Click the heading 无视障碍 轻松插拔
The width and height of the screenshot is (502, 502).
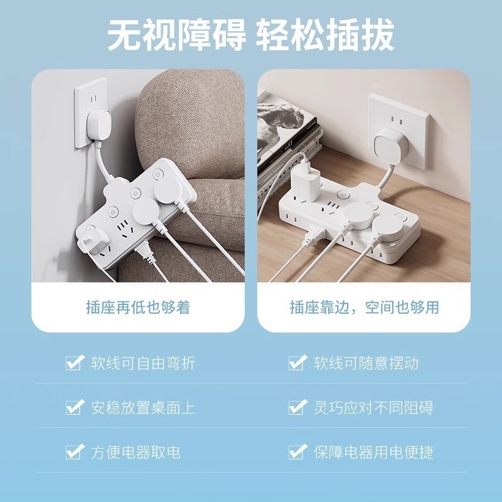[x=250, y=35]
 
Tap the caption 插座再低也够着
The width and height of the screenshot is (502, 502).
[x=138, y=307]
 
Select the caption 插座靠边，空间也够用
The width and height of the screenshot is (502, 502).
[x=365, y=307]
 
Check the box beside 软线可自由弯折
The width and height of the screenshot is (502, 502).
[x=75, y=363]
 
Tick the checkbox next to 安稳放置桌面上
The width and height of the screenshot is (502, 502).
[x=75, y=407]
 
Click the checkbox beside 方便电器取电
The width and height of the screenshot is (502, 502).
[x=75, y=452]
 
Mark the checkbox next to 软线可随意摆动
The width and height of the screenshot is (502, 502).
[x=297, y=363]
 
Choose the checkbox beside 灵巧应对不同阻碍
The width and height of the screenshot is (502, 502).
[x=297, y=407]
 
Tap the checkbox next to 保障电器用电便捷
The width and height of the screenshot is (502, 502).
[x=297, y=452]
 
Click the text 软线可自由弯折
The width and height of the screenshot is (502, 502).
[x=143, y=363]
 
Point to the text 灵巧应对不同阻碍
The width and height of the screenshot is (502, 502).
[x=373, y=408]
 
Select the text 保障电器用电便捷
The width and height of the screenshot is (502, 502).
[x=373, y=452]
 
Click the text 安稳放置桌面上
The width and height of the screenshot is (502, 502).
[x=143, y=408]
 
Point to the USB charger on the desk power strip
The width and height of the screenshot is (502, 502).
[x=306, y=183]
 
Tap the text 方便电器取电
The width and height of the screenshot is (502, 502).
[x=136, y=452]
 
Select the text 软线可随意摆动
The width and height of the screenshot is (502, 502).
[x=366, y=363]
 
